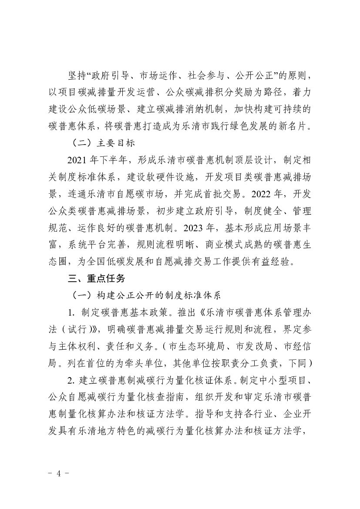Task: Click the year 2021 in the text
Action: click(77, 161)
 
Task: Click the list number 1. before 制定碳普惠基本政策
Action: click(71, 307)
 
